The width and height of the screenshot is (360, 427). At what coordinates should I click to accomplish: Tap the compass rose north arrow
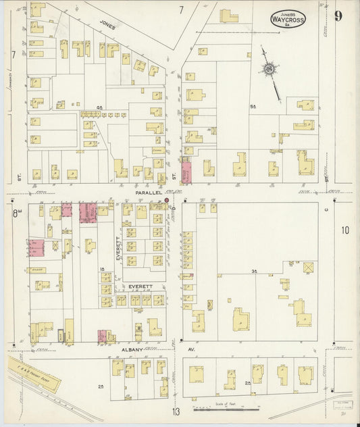point(270,68)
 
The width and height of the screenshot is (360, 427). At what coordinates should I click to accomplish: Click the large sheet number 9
point(337,16)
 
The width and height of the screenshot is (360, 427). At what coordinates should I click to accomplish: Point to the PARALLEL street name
point(149,193)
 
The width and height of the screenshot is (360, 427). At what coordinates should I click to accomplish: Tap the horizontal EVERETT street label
point(142,286)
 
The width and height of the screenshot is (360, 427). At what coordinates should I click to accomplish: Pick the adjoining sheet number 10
point(345,230)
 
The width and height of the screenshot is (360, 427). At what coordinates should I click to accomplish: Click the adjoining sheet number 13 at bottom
point(176,412)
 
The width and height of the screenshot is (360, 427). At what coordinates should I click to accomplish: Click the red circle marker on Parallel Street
point(166,201)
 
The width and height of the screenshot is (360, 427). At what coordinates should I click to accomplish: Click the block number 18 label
point(102,269)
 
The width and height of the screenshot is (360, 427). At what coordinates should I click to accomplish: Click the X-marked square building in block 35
point(308,268)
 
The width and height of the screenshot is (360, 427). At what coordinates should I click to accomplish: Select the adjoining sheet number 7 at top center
point(181,9)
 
